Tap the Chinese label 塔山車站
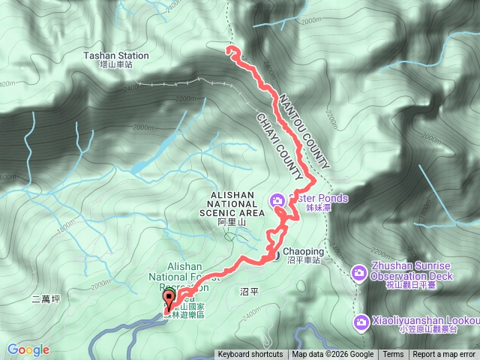[117, 65]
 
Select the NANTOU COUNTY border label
[304, 132]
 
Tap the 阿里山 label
[232, 223]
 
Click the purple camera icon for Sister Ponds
[277, 199]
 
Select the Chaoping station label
[303, 252]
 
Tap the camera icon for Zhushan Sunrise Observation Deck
[359, 271]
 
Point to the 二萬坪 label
[46, 298]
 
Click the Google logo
[28, 349]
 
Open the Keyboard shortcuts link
[250, 355]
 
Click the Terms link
[393, 355]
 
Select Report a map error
[445, 355]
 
